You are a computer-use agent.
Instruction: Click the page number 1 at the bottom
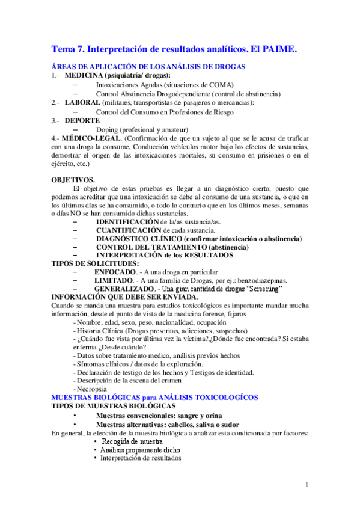pyautogui.click(x=307, y=485)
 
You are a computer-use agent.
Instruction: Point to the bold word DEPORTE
pyautogui.click(x=82, y=120)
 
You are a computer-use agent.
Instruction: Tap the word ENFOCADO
pyautogui.click(x=115, y=272)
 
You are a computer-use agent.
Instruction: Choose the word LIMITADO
pyautogui.click(x=114, y=280)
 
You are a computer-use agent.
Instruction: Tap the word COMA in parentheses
pyautogui.click(x=221, y=85)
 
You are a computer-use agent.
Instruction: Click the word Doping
pyautogui.click(x=107, y=129)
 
